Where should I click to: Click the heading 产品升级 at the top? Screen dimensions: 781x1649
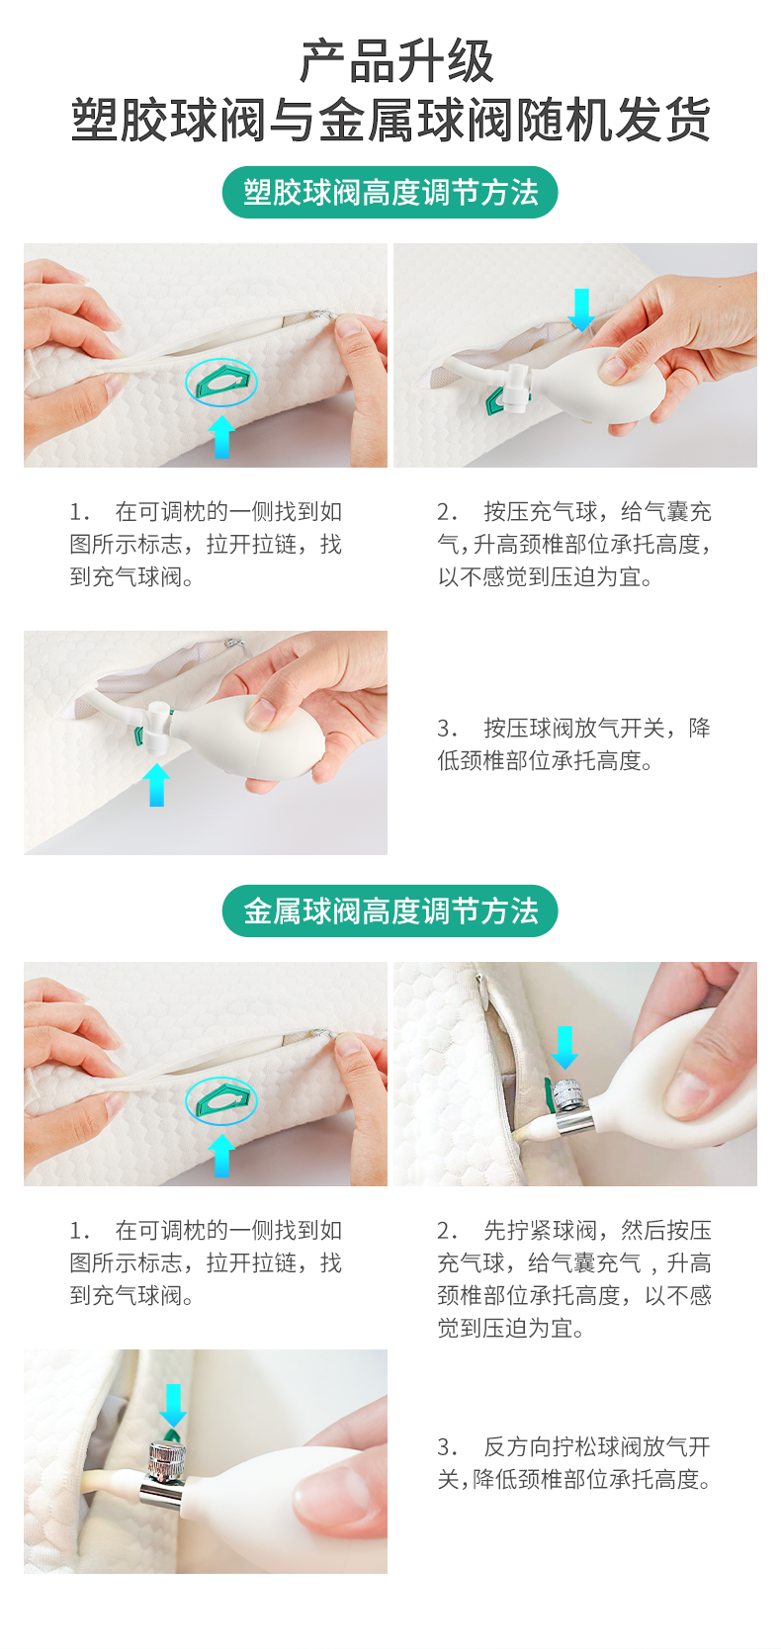(x=396, y=62)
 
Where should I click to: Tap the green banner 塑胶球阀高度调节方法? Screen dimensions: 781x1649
(x=390, y=192)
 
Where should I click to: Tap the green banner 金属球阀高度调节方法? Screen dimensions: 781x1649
(x=390, y=911)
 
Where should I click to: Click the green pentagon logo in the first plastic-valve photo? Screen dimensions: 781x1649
(x=221, y=382)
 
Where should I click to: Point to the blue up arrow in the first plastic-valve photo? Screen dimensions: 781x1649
(x=220, y=437)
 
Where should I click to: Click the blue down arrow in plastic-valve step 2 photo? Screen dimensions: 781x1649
(x=581, y=309)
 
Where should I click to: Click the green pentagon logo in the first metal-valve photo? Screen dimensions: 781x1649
(x=221, y=1100)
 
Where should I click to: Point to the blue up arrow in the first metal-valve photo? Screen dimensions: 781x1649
(x=220, y=1155)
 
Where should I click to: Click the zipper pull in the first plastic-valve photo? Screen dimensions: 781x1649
(x=321, y=315)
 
